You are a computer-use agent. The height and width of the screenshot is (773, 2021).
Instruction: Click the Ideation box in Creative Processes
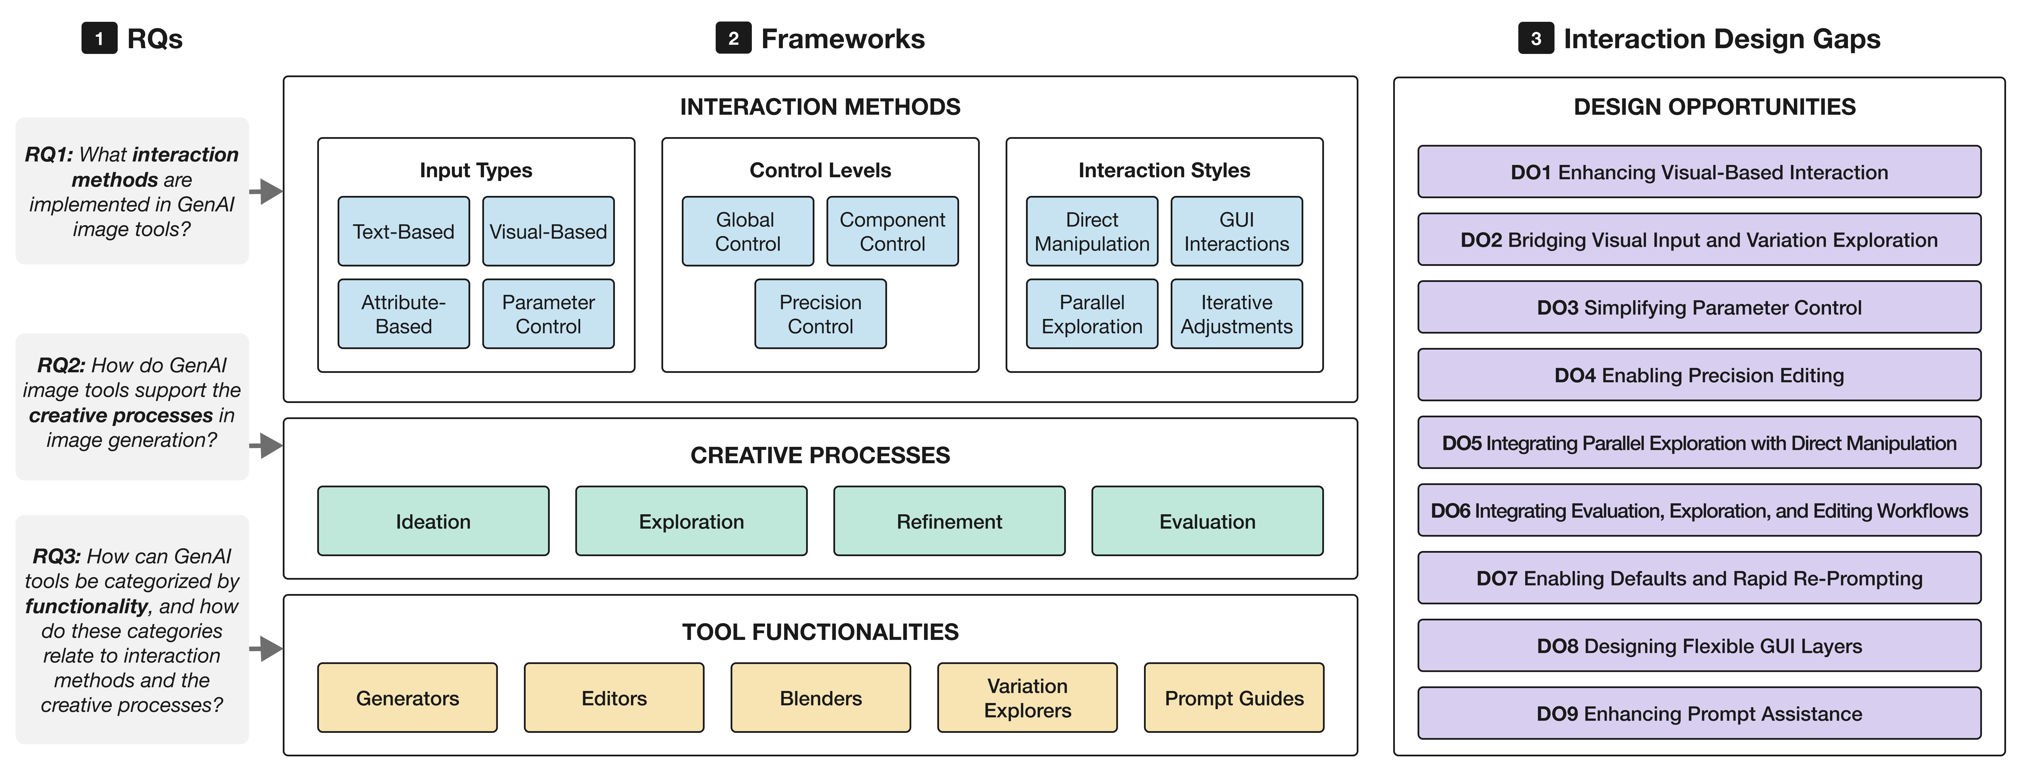click(x=433, y=521)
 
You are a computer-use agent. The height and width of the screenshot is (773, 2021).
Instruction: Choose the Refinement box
click(x=949, y=521)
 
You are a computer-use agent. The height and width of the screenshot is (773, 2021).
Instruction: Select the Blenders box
click(x=821, y=698)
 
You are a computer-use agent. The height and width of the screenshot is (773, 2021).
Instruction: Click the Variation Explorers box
click(x=1027, y=698)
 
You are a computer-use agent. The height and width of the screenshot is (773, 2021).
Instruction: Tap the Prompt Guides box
click(x=1234, y=698)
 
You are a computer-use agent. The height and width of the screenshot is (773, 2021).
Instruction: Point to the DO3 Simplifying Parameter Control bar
click(x=1699, y=307)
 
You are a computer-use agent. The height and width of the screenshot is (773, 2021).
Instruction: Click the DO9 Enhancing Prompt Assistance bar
click(x=1699, y=713)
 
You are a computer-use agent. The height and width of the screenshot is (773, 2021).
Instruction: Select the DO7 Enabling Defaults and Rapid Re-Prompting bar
click(x=1699, y=579)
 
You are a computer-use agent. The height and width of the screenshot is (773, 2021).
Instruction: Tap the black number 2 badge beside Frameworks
click(x=733, y=38)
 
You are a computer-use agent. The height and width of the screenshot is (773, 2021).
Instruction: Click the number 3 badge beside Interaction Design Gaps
click(x=1535, y=38)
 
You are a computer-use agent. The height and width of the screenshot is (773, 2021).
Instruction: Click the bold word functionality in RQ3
click(x=86, y=606)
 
